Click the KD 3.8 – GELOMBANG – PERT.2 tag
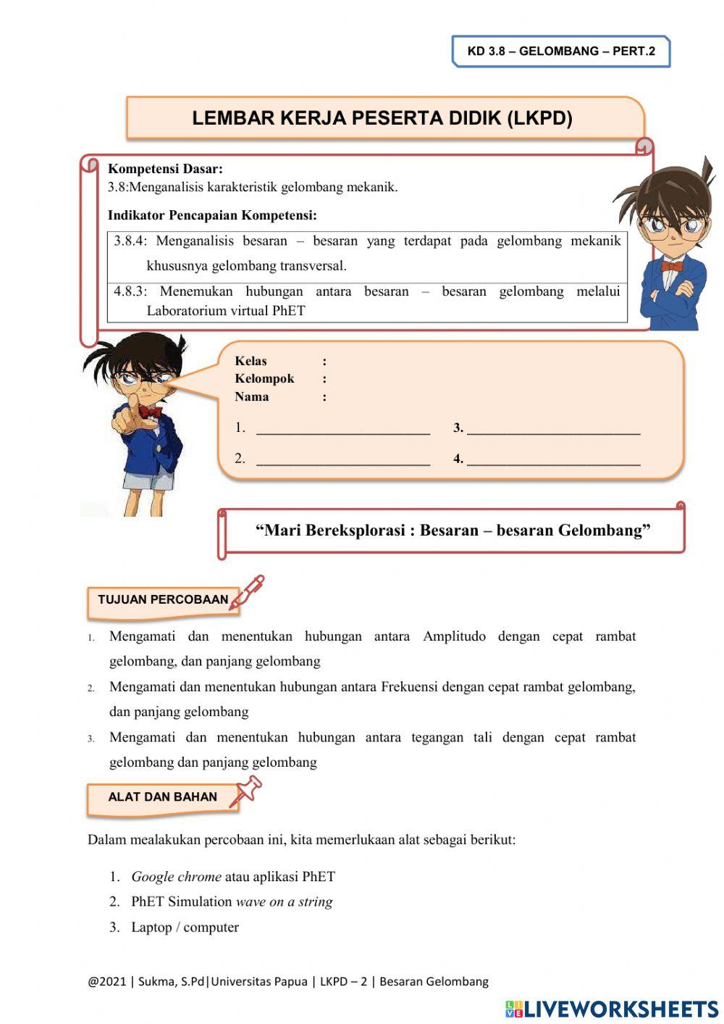[561, 51]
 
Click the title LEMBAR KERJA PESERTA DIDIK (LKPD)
[382, 118]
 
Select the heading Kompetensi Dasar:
[165, 169]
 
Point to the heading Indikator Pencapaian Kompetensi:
[212, 215]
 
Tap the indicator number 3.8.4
[130, 241]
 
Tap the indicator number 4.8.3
[130, 292]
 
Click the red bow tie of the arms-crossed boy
[671, 266]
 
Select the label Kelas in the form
[251, 361]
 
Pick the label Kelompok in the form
[264, 379]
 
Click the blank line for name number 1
[343, 432]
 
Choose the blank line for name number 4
[554, 462]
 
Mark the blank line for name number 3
[554, 432]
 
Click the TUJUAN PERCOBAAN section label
[163, 600]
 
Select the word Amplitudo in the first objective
[454, 637]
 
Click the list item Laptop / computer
[185, 928]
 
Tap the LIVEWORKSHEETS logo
[612, 1009]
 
